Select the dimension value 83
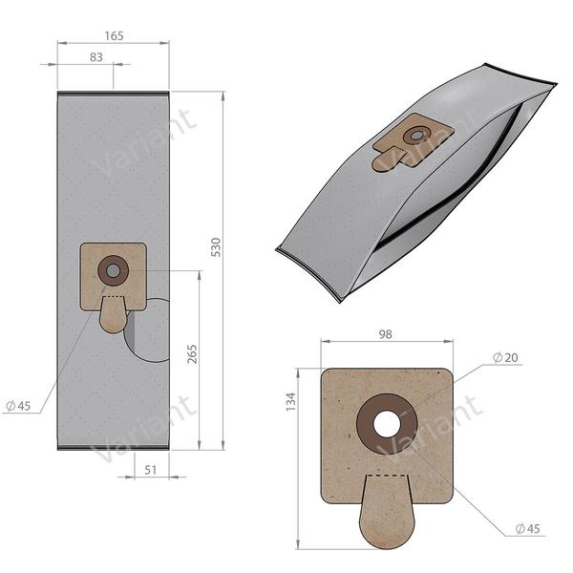click(96, 57)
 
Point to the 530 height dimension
click(216, 245)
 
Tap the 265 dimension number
click(192, 355)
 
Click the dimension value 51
click(152, 470)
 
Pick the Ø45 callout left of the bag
click(18, 406)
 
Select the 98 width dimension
click(386, 334)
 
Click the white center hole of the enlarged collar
click(387, 424)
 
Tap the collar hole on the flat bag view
click(114, 270)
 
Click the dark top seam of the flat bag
click(113, 94)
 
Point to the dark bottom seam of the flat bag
click(113, 448)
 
